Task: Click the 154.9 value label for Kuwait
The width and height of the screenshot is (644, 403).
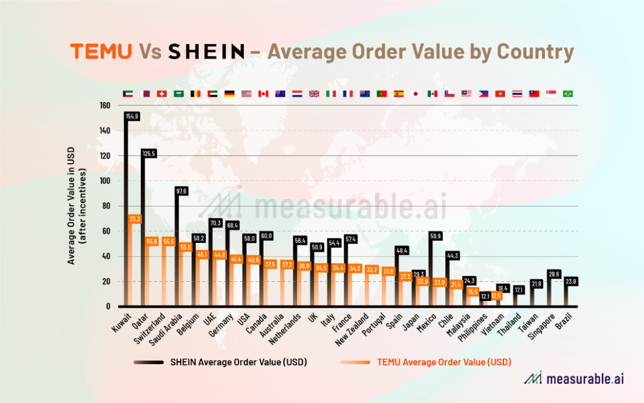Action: click(x=132, y=116)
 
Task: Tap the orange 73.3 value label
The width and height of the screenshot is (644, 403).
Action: click(x=135, y=219)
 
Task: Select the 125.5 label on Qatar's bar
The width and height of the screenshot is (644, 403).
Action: click(x=148, y=153)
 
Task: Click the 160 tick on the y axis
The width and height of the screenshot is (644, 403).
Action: click(x=105, y=106)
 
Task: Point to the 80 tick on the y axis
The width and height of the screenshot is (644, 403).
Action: click(x=107, y=206)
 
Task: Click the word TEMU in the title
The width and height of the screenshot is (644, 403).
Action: click(x=101, y=52)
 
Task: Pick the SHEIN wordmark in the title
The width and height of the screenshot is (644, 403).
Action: click(x=206, y=52)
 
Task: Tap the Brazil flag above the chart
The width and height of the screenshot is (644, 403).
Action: click(x=568, y=94)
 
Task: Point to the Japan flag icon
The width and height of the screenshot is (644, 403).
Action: click(x=416, y=94)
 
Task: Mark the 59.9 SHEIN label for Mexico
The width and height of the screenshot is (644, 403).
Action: click(x=437, y=236)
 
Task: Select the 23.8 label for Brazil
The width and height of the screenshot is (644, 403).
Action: click(x=571, y=281)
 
